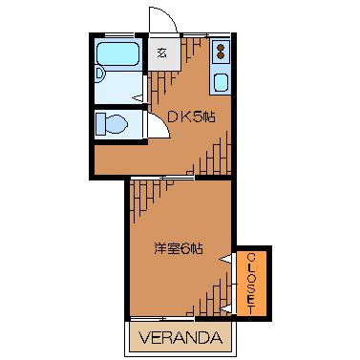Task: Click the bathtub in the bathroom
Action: [117, 53]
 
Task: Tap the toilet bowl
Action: [116, 124]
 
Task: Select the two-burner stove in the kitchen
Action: [221, 52]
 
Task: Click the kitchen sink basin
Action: [221, 82]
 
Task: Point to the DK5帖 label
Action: [191, 117]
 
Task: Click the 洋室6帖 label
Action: [179, 248]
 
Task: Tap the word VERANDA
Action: [180, 338]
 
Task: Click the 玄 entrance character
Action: [162, 53]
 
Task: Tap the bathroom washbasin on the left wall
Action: [100, 75]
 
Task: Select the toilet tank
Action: [100, 124]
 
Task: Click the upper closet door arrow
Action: [225, 260]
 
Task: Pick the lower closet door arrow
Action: [225, 308]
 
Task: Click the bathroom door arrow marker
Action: [138, 98]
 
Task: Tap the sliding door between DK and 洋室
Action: [162, 178]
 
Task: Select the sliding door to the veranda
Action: [162, 317]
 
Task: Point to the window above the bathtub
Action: [119, 34]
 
